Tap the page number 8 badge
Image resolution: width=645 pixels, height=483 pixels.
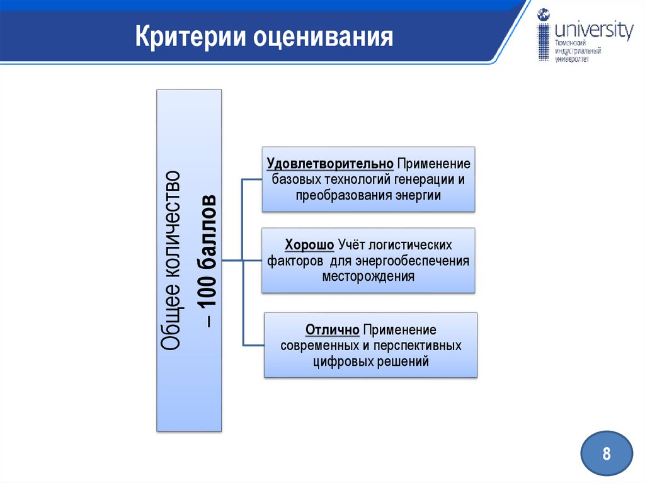(607, 453)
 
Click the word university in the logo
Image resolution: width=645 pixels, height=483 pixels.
(594, 31)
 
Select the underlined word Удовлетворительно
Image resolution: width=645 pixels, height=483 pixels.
(331, 164)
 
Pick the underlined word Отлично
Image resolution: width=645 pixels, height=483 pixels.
(332, 330)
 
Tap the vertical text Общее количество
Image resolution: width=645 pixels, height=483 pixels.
(172, 259)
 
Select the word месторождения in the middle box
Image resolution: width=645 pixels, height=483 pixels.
(368, 276)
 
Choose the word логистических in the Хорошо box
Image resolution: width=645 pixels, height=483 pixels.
(410, 244)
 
